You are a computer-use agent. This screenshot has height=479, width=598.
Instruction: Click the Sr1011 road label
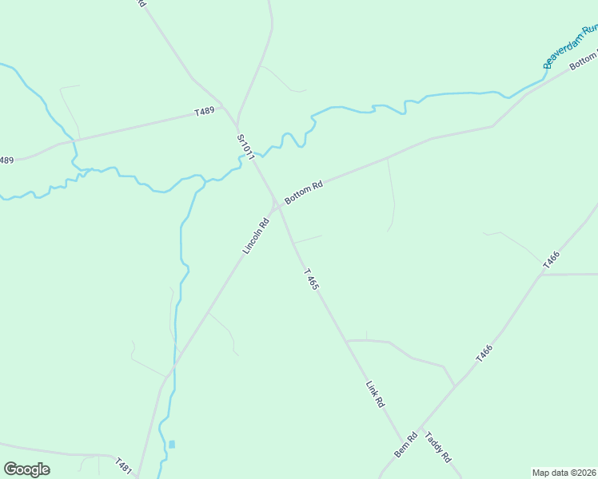click(x=245, y=148)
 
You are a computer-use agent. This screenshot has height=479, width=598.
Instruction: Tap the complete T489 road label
click(x=205, y=113)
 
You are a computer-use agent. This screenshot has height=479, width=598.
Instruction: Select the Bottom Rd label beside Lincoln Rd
click(x=304, y=192)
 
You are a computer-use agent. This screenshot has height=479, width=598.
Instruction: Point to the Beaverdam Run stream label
click(x=570, y=48)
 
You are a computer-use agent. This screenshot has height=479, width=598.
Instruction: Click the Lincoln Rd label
click(x=256, y=236)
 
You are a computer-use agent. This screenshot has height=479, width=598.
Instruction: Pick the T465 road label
click(x=312, y=279)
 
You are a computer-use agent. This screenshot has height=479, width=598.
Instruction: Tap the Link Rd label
click(x=374, y=394)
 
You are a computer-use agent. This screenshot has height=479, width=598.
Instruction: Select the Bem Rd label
click(x=406, y=445)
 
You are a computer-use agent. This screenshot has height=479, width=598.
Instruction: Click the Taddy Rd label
click(x=438, y=448)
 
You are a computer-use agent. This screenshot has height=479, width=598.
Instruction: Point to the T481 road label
click(x=122, y=466)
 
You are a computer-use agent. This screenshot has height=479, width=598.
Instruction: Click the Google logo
click(x=26, y=469)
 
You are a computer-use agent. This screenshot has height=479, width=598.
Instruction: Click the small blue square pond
click(x=171, y=444)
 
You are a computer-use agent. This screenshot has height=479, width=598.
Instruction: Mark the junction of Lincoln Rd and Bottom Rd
click(x=277, y=205)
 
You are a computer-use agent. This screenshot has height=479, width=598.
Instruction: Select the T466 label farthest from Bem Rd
click(x=551, y=260)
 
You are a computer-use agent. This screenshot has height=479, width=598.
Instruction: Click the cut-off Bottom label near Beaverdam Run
click(x=584, y=58)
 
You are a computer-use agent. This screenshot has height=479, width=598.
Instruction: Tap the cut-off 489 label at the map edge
click(x=6, y=160)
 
